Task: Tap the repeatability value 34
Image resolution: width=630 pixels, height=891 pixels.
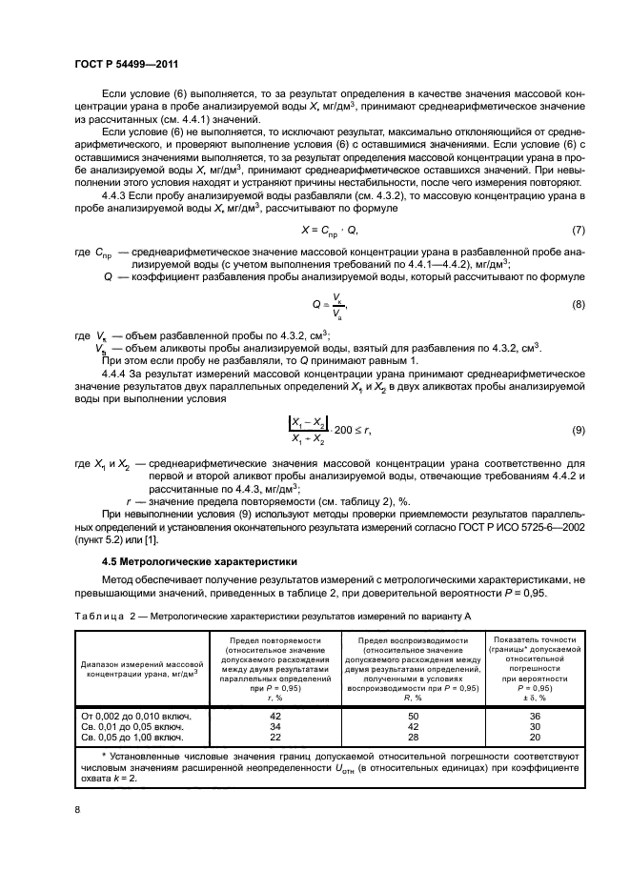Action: pyautogui.click(x=275, y=726)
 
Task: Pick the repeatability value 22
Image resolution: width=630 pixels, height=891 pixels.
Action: pyautogui.click(x=275, y=739)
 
